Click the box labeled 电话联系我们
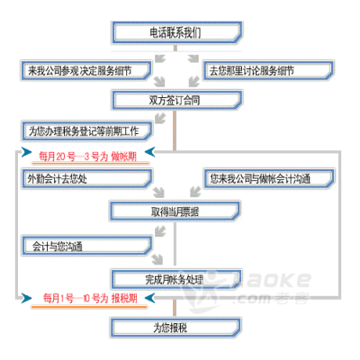coord(177,32)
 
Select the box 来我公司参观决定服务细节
coord(85,71)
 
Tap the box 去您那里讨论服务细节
coord(268,71)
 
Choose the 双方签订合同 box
coord(177,100)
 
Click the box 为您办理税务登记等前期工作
coord(86,131)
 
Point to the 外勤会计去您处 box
coord(86,179)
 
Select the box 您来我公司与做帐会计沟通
coord(269,179)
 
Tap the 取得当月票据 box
coord(175,211)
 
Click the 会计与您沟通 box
coord(86,246)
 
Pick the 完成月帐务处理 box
coord(176,279)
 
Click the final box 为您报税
coord(175,328)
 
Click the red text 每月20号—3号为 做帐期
coord(87,157)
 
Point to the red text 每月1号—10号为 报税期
coord(90,298)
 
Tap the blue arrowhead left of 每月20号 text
coord(26,152)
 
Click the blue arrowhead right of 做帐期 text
coord(149,152)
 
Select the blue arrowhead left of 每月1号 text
coord(26,298)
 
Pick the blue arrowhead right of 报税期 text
coord(149,298)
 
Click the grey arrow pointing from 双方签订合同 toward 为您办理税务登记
coord(160,118)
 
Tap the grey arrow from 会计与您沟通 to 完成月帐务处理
coord(157,259)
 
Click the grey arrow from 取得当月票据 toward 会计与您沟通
coord(160,231)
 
